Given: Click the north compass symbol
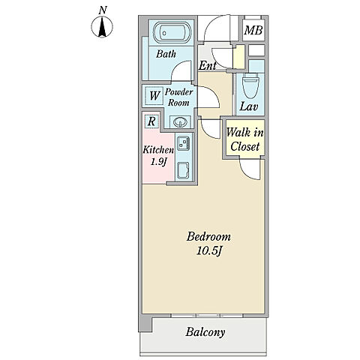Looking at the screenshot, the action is [102, 27].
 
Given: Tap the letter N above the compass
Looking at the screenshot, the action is [102, 10].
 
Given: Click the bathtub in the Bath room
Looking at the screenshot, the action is [172, 32].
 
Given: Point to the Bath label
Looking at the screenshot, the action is [166, 54].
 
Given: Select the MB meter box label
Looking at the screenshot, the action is [253, 31].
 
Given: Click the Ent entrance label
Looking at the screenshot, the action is [207, 65].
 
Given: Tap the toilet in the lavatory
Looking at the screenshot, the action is [251, 85].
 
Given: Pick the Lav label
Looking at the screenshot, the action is [249, 106].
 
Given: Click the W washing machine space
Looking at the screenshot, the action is [154, 95].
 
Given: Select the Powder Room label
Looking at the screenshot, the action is [178, 97].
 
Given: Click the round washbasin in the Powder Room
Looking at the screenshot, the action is [181, 122].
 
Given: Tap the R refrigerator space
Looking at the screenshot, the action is [151, 121].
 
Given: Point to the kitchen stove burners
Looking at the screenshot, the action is [184, 143].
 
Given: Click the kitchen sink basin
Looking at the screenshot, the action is [184, 171].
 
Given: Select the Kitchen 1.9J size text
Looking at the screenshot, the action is [158, 156].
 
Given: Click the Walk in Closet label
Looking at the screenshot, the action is [244, 139].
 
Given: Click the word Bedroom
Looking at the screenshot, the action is [208, 237].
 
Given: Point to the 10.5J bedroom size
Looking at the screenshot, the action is [209, 251].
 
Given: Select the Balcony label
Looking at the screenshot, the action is [205, 332].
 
